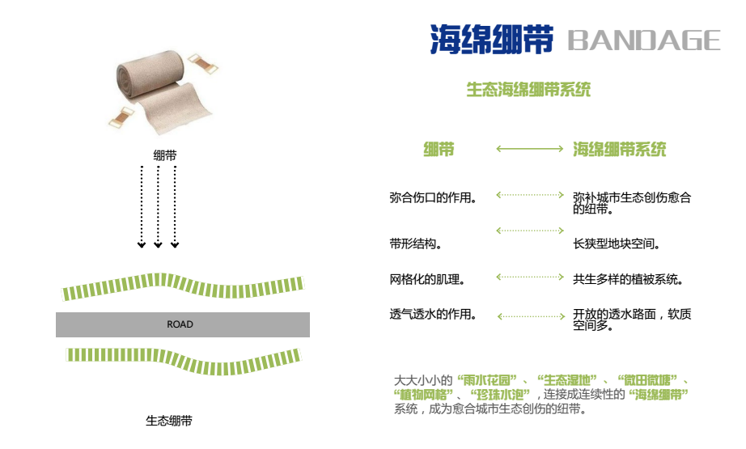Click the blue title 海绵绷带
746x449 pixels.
[x=491, y=39]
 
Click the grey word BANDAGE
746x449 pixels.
[x=644, y=40]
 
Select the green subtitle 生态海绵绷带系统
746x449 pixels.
[x=528, y=89]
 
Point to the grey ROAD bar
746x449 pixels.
[x=182, y=324]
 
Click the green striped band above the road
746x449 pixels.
[x=183, y=286]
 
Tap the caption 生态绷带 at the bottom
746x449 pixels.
[x=169, y=421]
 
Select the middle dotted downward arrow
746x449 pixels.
[x=159, y=207]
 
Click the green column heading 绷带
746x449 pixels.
[x=439, y=149]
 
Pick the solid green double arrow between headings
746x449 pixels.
[x=529, y=149]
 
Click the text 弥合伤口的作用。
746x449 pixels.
[x=432, y=197]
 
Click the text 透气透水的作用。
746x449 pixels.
[x=432, y=315]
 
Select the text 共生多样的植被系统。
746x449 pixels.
[x=629, y=279]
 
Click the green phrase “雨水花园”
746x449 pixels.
[x=489, y=379]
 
